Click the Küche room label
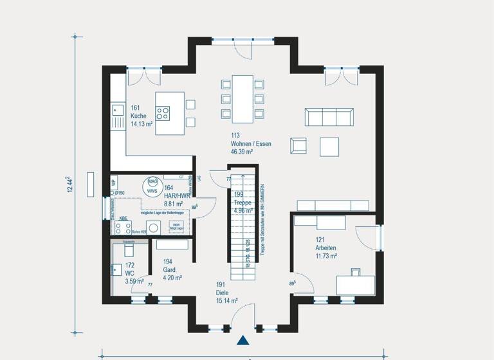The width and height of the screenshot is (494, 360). click(x=139, y=116)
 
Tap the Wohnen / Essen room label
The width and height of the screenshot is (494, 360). click(x=251, y=144)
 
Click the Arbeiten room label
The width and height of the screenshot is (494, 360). click(x=326, y=248)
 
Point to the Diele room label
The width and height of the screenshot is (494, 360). click(x=223, y=292)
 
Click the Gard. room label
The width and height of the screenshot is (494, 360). click(x=169, y=271)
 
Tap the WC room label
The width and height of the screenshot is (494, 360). click(x=129, y=273)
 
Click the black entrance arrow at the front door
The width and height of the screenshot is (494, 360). click(x=244, y=341)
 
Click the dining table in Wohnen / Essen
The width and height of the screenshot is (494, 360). click(x=243, y=98)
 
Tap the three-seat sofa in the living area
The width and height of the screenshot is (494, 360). click(x=329, y=117)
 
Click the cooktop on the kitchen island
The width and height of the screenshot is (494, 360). click(x=163, y=113)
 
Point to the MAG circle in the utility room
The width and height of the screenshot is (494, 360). click(x=152, y=183)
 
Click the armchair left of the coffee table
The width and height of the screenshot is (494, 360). click(x=298, y=146)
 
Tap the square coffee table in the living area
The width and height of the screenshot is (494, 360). click(x=329, y=146)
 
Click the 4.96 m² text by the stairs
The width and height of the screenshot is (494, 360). click(x=244, y=210)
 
